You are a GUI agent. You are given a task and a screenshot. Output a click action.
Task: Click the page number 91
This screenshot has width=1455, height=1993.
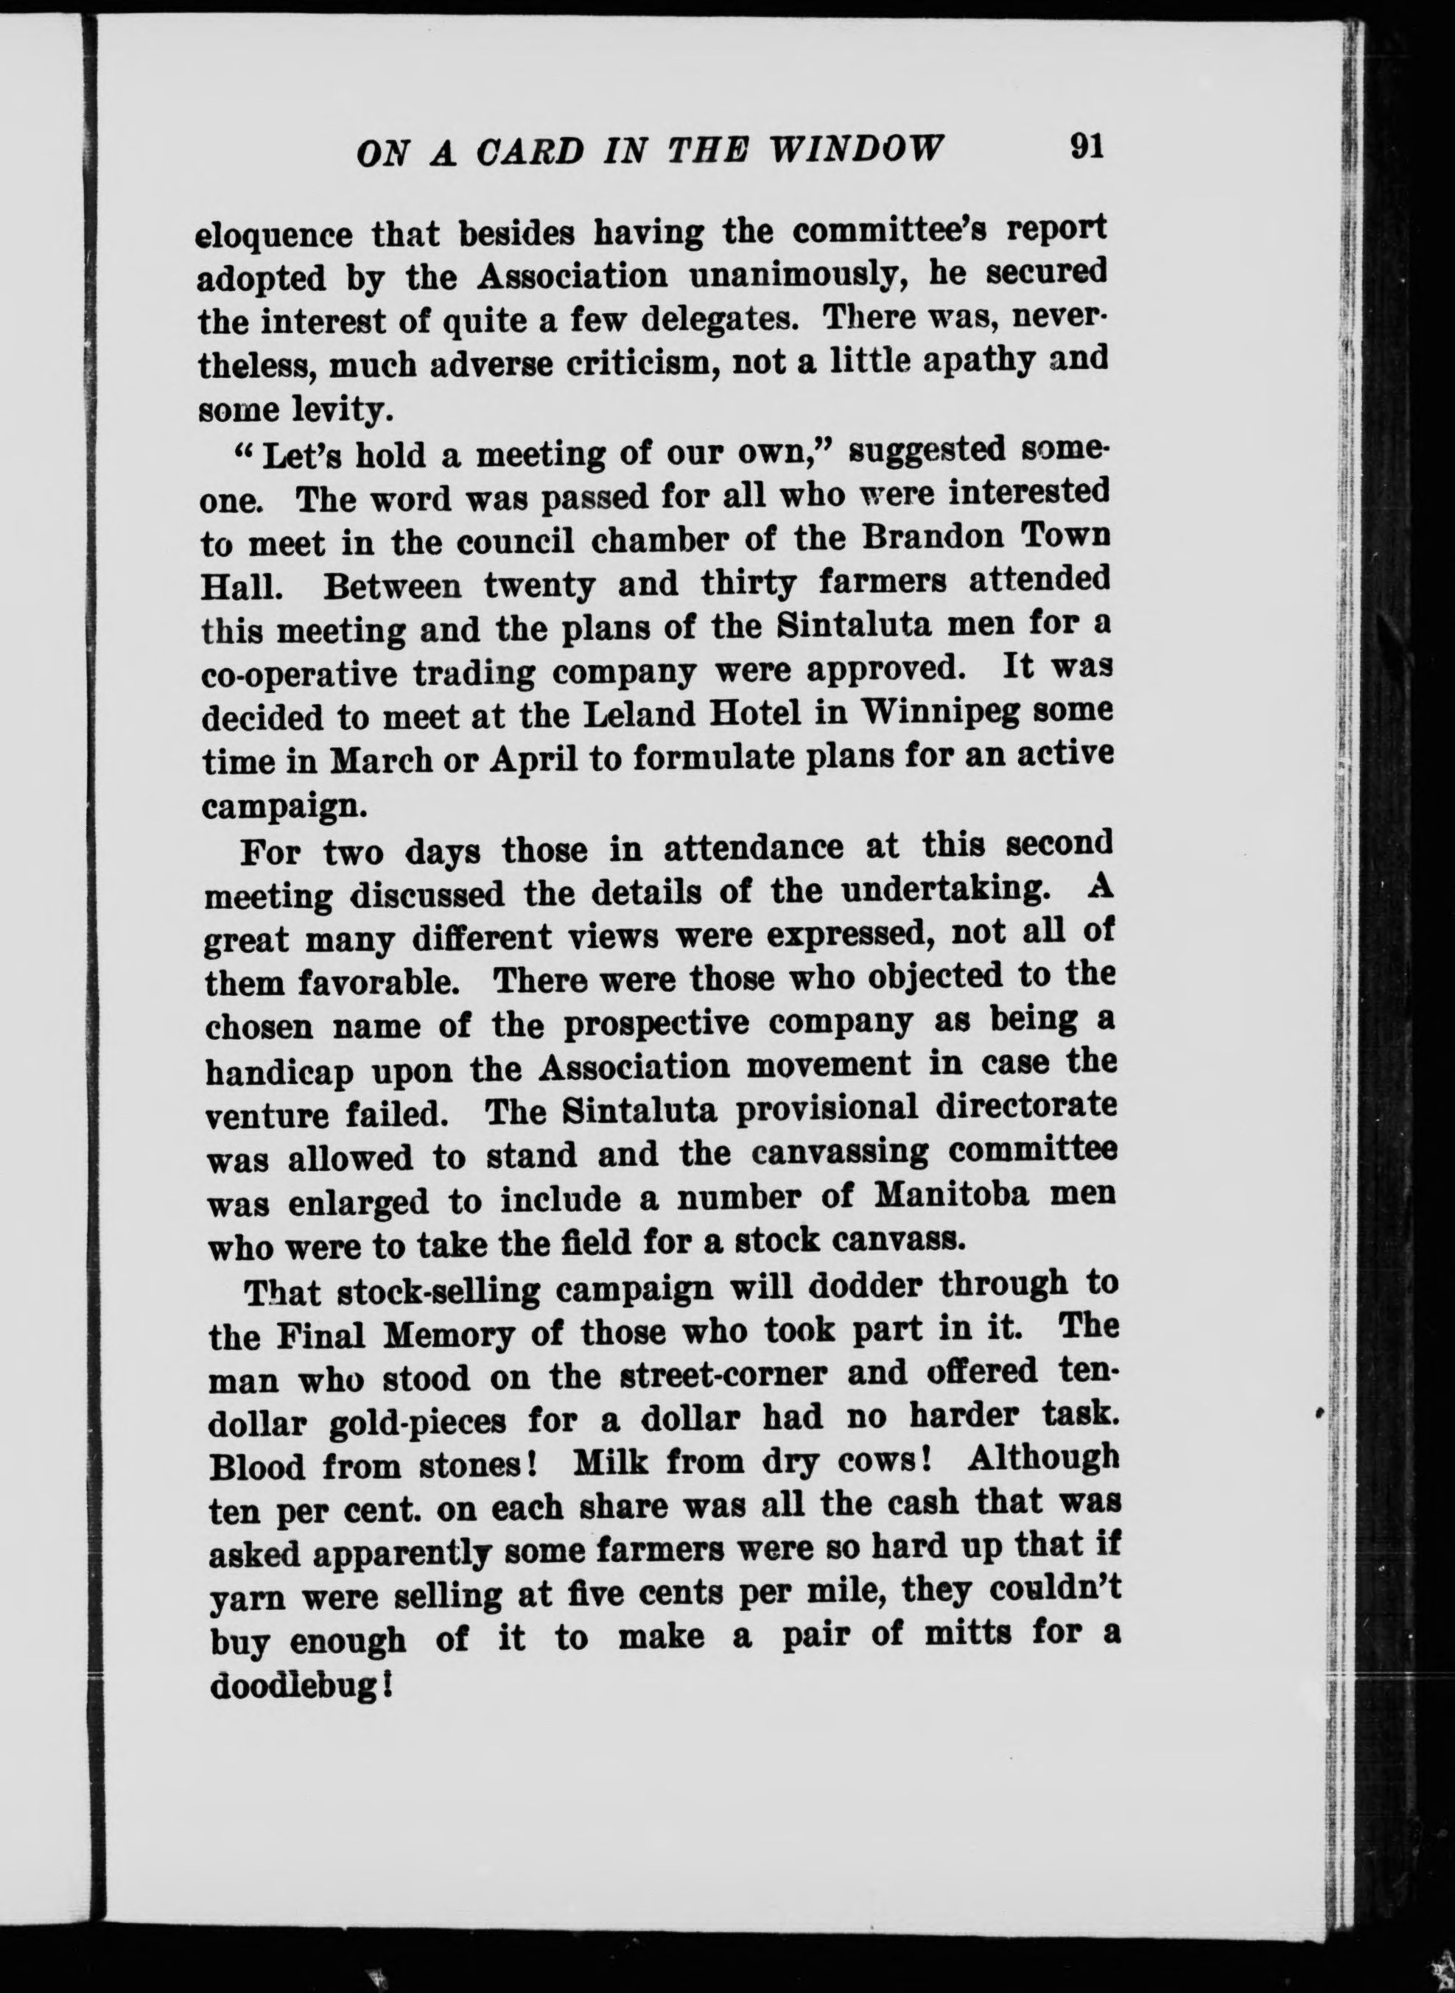click(x=1086, y=146)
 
